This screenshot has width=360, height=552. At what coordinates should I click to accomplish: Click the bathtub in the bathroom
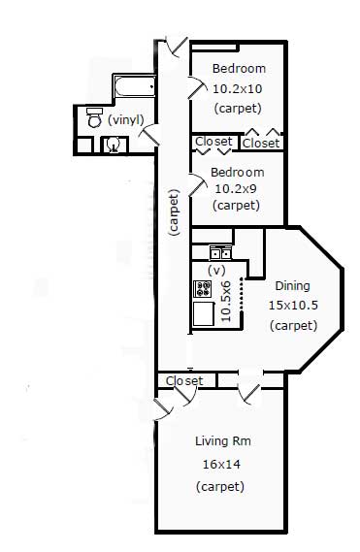[x=134, y=86]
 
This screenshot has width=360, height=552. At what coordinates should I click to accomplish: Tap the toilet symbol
[x=94, y=117]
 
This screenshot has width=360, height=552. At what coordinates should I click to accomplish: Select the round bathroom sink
[x=114, y=145]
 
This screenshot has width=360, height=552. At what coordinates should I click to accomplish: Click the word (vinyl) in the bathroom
[x=126, y=120]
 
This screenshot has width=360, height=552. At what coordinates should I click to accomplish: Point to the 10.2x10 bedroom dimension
[x=237, y=88]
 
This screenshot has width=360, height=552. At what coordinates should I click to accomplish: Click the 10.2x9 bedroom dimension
[x=236, y=189]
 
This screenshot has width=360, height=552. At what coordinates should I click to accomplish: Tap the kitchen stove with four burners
[x=202, y=289]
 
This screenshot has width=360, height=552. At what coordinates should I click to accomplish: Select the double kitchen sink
[x=220, y=253]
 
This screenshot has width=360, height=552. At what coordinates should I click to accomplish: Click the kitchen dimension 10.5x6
[x=225, y=302]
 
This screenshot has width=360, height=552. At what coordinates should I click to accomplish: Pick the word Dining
[x=292, y=286]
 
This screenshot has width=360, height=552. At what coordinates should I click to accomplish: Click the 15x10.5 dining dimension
[x=293, y=305]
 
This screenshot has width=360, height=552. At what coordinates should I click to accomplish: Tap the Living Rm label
[x=223, y=441]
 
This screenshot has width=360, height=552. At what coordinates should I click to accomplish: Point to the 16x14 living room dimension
[x=221, y=465]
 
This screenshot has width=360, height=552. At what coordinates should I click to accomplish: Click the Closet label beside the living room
[x=184, y=380]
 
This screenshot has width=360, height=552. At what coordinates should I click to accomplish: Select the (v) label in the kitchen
[x=216, y=271]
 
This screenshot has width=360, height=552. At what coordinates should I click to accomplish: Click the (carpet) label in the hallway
[x=175, y=212]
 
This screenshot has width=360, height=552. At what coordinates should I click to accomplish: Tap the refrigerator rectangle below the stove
[x=204, y=313]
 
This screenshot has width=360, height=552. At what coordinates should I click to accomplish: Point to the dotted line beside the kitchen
[x=242, y=295]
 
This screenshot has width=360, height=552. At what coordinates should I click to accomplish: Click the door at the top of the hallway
[x=177, y=46]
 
